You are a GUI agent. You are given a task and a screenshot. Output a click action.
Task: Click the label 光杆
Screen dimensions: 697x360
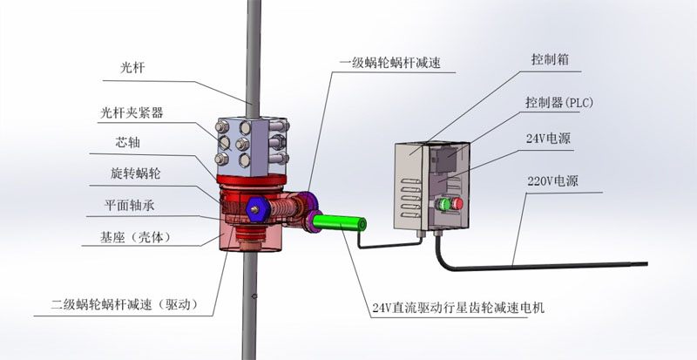coord(132,68)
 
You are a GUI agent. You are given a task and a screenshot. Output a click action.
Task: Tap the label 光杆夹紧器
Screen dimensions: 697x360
coord(132,113)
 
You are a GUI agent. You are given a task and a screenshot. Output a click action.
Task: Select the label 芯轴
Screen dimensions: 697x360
coord(127,142)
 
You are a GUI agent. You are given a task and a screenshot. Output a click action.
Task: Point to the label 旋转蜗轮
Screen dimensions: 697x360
coord(135,173)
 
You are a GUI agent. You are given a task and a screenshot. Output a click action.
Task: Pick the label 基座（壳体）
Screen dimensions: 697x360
coord(135,238)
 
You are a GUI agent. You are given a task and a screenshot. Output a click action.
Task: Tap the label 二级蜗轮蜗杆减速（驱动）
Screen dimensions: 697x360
coord(124,305)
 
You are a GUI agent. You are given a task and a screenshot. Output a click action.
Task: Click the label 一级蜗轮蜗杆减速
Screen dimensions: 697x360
coord(389,63)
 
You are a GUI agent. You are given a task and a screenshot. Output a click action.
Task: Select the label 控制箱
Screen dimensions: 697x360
coord(550,59)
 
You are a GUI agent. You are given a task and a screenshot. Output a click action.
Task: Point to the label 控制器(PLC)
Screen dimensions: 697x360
coord(559,103)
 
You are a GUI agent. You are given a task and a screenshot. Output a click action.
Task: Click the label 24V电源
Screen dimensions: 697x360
coord(548,139)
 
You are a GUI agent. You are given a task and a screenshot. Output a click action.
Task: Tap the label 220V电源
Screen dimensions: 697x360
coord(552,181)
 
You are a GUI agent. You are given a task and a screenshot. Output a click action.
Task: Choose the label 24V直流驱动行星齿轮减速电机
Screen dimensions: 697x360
coord(458,308)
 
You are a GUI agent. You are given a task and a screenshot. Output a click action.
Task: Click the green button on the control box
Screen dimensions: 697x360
coord(444,204)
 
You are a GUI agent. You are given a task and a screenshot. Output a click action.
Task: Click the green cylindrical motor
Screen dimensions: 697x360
coord(340,222)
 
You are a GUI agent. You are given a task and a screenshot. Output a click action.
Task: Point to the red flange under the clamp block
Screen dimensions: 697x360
coord(251,180)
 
